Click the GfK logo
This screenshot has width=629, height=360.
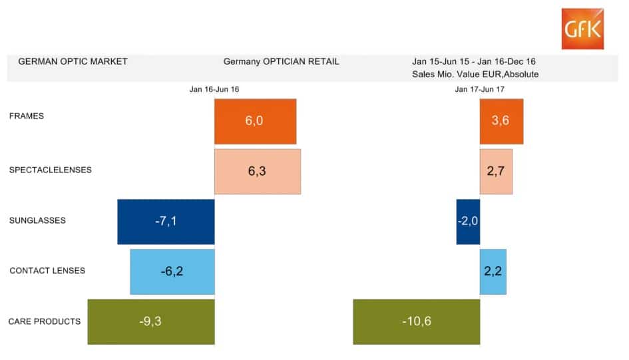tap(582, 29)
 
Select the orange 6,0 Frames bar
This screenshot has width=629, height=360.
tap(255, 121)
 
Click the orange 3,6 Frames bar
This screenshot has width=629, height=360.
tap(501, 121)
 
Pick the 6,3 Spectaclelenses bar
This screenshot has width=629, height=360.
tap(257, 171)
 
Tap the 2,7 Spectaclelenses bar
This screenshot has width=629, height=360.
tap(496, 171)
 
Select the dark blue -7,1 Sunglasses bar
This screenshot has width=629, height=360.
tap(166, 222)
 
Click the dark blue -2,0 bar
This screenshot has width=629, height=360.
tap(468, 222)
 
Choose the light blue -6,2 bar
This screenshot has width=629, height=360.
tap(172, 271)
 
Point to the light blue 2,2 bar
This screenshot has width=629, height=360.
tap(493, 271)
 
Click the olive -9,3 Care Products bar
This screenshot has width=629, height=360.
tap(151, 321)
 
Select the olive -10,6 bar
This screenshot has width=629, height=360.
tap(416, 321)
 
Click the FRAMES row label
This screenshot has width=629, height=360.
tap(27, 116)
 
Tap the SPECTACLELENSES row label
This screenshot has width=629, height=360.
tap(51, 170)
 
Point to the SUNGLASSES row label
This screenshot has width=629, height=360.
tap(37, 220)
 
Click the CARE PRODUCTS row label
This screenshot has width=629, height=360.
tap(45, 321)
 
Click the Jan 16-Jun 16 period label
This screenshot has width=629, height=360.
tap(214, 89)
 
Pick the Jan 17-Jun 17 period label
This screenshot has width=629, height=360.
tap(480, 89)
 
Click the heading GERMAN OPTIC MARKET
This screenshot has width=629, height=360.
tap(73, 61)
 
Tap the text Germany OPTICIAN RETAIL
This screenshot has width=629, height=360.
tap(281, 61)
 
